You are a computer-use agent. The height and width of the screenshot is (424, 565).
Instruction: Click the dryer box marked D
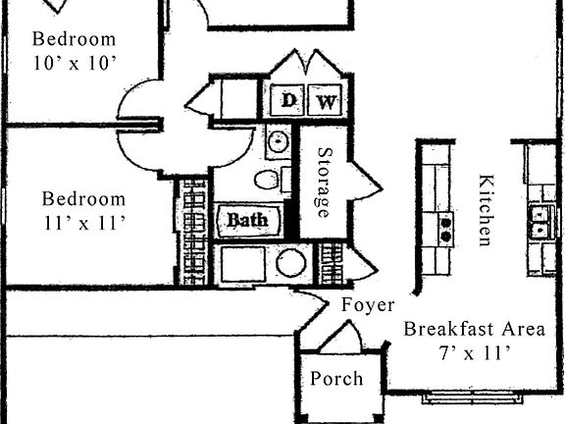[288, 100]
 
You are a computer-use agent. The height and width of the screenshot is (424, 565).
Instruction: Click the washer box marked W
[326, 100]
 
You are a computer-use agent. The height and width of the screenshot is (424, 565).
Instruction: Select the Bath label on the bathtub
[247, 220]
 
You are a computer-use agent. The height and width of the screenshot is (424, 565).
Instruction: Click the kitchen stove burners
[445, 229]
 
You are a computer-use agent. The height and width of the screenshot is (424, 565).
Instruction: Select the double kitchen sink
[538, 222]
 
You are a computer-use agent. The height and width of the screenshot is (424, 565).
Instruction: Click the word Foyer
[367, 305]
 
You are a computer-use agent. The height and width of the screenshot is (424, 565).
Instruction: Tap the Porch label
[336, 379]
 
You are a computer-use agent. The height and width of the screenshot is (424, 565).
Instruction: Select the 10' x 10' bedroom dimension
[74, 64]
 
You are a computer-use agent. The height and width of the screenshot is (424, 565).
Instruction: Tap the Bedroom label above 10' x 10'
[74, 39]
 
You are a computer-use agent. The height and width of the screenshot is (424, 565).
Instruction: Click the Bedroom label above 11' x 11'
[83, 198]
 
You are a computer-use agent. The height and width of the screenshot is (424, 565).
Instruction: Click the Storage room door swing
[365, 182]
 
